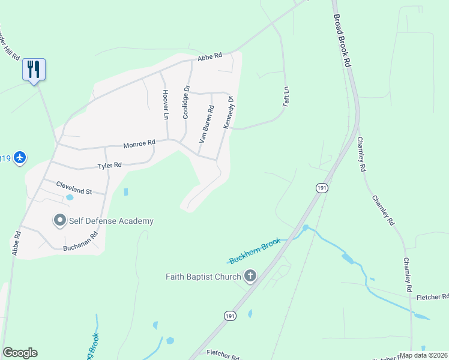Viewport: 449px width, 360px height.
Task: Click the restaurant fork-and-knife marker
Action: pos(34,69)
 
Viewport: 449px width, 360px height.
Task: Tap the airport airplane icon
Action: pos(20,158)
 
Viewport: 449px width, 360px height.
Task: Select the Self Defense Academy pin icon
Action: pos(59,221)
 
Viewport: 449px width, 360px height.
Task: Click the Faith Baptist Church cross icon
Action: pos(249,277)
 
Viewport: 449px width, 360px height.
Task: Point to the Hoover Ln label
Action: pos(165,104)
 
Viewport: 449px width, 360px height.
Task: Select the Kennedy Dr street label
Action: pos(228,113)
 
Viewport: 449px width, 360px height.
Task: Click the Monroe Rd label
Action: pos(139,144)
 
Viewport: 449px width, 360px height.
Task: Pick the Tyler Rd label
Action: pos(110,165)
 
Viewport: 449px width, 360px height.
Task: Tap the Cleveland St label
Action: pos(74,188)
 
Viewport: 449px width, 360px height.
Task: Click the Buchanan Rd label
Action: pos(80,242)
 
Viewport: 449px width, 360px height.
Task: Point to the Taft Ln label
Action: pos(287,97)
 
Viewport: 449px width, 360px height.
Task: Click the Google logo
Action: pos(20,353)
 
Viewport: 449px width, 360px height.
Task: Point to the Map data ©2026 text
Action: pos(424,355)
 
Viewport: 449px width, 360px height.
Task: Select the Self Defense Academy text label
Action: pos(111,221)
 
